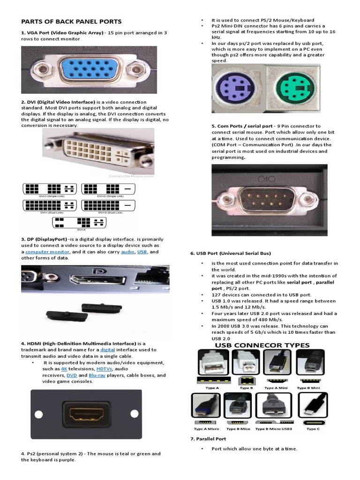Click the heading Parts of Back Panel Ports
click(x=71, y=22)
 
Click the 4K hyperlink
click(x=64, y=369)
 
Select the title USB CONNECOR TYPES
click(x=262, y=345)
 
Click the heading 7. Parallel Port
click(x=208, y=439)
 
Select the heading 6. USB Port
click(x=230, y=253)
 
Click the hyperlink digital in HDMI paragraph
click(x=107, y=350)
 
